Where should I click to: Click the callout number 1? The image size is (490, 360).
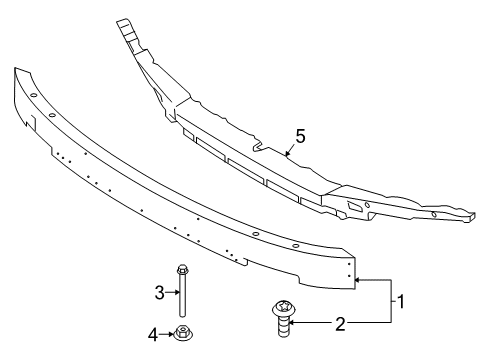point(401,300)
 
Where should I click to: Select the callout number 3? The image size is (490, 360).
point(158,292)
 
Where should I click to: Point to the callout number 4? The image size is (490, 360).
point(154,335)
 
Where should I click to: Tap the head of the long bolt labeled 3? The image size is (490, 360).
point(182,269)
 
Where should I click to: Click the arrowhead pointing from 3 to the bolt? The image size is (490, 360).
point(175,292)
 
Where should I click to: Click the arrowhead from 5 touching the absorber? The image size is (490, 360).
point(286,156)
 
